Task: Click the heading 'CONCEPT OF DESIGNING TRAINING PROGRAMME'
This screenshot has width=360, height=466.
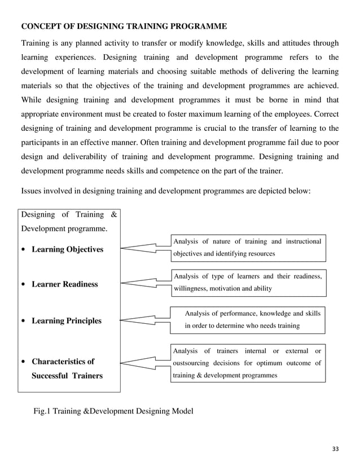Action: [124, 26]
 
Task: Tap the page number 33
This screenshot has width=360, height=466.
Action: [336, 449]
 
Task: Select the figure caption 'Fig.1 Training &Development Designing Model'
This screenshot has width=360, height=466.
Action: [113, 411]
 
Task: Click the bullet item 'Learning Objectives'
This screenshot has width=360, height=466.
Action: [67, 249]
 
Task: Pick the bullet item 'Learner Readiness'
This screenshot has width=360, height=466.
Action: [64, 284]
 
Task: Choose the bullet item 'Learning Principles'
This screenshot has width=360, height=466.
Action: [67, 320]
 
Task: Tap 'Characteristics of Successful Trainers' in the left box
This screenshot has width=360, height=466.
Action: [67, 368]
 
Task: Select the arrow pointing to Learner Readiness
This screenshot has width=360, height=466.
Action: [146, 284]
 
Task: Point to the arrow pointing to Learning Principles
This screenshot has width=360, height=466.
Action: [145, 319]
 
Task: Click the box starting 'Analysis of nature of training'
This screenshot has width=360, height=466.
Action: [248, 248]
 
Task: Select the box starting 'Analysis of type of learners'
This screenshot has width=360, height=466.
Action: [248, 283]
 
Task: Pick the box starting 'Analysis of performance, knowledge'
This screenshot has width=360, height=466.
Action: [248, 319]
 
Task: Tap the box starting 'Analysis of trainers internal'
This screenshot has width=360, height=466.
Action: [248, 363]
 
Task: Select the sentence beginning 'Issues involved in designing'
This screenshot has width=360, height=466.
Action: [165, 191]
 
